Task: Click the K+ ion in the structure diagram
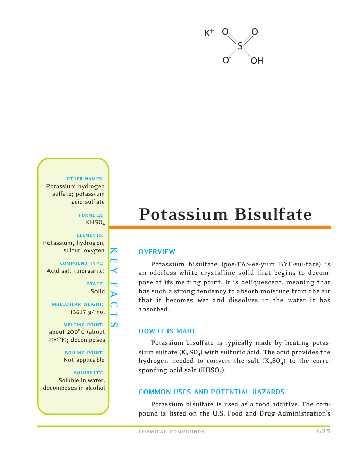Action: [209, 33]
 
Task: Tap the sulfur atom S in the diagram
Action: [239, 47]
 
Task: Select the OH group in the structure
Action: [257, 61]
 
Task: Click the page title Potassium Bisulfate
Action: [225, 214]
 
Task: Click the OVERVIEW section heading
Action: [157, 252]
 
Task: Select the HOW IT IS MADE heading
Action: [167, 331]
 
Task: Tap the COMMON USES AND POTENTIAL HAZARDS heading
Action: [211, 392]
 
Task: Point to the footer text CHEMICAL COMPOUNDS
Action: [172, 432]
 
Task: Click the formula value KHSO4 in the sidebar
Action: [95, 223]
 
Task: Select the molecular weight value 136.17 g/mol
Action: [87, 311]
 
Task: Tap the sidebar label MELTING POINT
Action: [84, 324]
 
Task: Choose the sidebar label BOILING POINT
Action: [85, 352]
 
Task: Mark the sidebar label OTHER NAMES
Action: [85, 178]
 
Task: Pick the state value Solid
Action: [98, 291]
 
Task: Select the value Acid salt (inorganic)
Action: [76, 270]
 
